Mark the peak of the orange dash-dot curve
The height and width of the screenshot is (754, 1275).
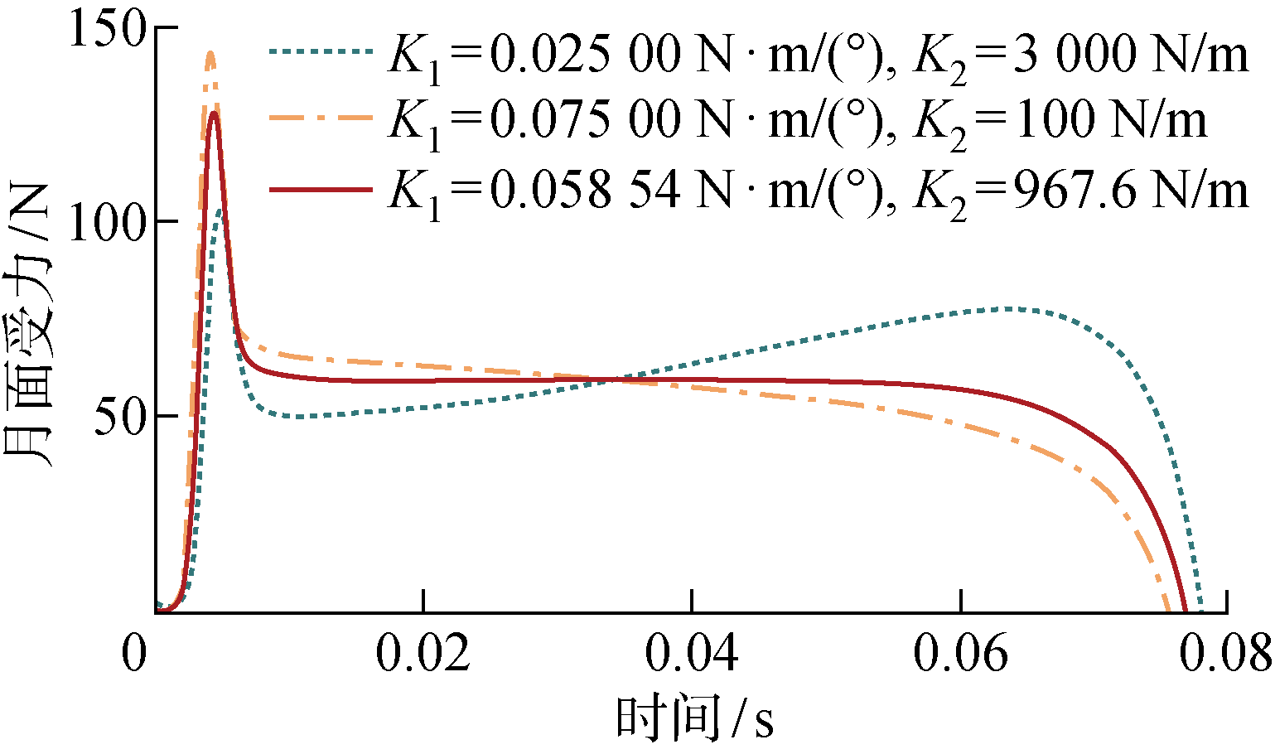point(210,54)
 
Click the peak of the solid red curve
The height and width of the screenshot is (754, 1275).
point(214,113)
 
